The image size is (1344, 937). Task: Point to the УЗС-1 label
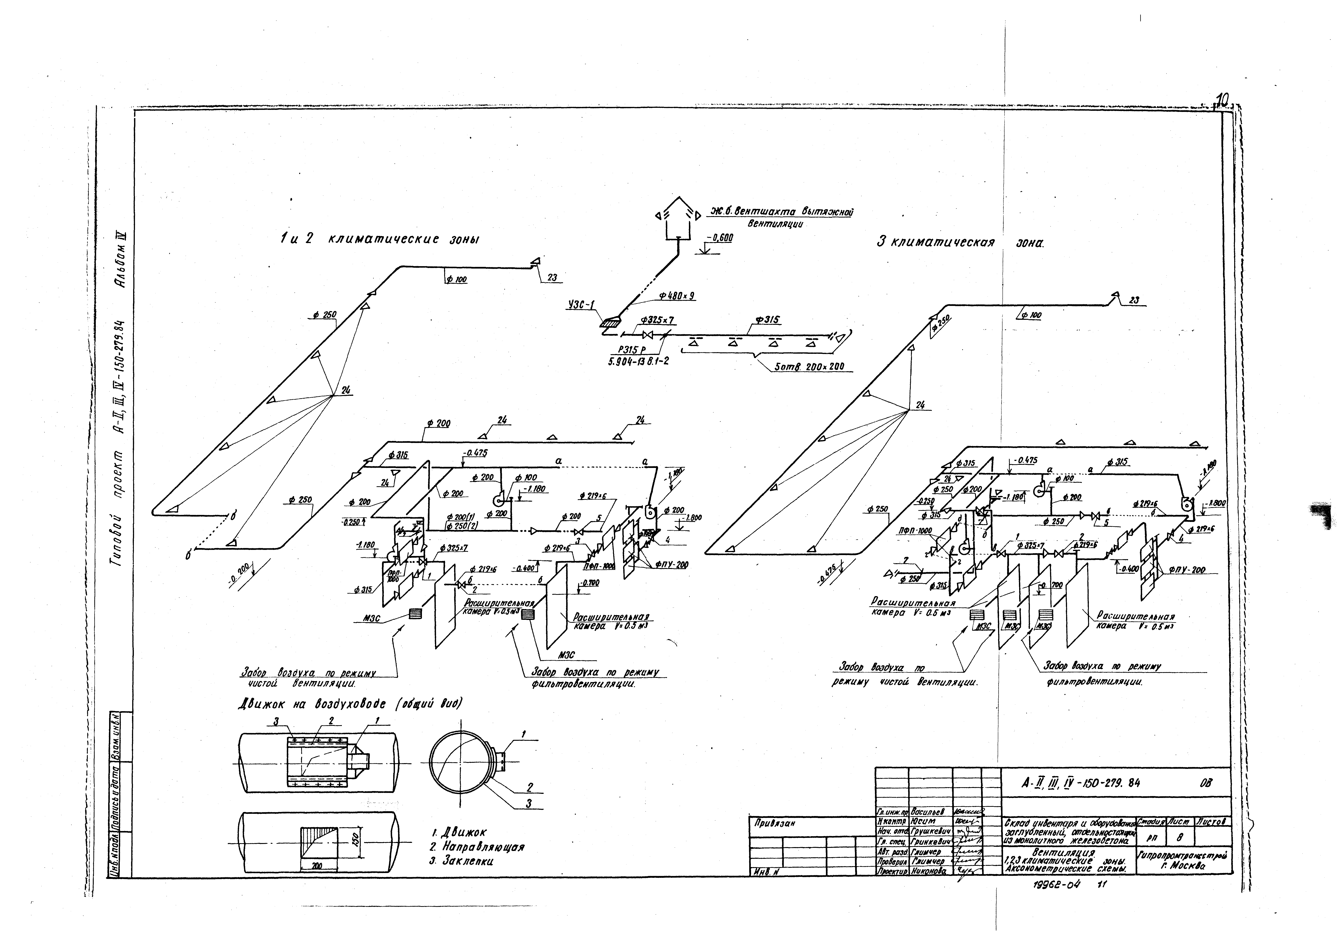pyautogui.click(x=581, y=304)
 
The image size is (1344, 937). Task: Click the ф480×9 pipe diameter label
pyautogui.click(x=676, y=296)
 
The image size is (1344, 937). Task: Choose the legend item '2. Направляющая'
pyautogui.click(x=476, y=847)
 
